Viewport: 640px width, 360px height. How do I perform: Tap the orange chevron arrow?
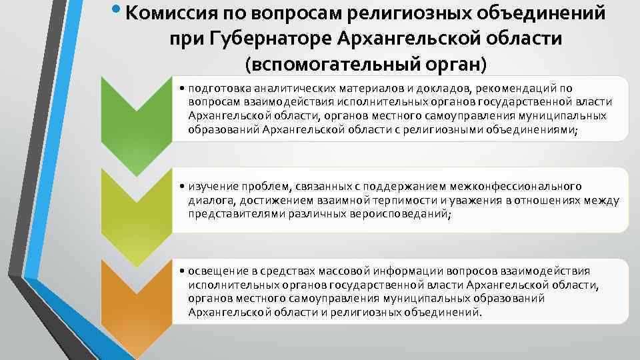(x=136, y=303)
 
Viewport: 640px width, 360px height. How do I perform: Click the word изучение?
(x=211, y=186)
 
